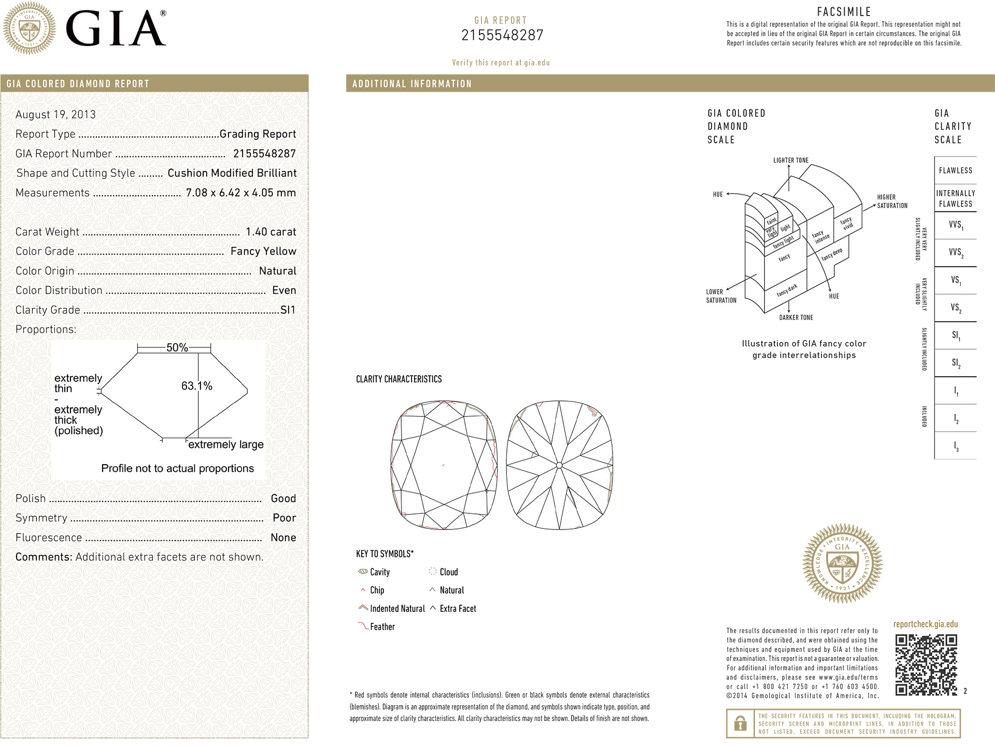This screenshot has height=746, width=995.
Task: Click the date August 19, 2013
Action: [x=55, y=114]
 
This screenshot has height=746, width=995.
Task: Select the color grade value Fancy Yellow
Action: [x=263, y=251]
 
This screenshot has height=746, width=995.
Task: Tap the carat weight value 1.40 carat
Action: [x=271, y=232]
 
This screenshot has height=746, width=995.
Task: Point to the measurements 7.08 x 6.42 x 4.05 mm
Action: [x=240, y=193]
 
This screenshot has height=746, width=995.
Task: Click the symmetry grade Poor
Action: [x=284, y=518]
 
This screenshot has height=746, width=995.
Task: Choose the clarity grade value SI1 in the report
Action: [x=288, y=310]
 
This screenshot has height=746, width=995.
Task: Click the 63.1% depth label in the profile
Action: [x=196, y=386]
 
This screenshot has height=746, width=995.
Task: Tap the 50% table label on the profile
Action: [x=177, y=348]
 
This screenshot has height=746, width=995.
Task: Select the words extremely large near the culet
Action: [x=225, y=444]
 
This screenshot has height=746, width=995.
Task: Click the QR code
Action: [x=926, y=664]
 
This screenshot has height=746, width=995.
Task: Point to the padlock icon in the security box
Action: [x=741, y=723]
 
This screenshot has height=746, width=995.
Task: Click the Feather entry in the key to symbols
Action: [x=382, y=627]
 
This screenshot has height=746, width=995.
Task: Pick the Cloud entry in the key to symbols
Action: [x=448, y=572]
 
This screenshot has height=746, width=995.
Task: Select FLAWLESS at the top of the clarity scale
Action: [x=955, y=170]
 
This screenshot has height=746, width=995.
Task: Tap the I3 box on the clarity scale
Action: [x=956, y=446]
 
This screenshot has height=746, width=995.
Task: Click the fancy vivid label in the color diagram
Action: [x=847, y=223]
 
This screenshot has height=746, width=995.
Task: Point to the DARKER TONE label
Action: [x=795, y=318]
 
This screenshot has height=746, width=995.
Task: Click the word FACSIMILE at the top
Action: [x=844, y=12]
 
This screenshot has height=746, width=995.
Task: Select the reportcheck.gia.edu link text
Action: [x=925, y=624]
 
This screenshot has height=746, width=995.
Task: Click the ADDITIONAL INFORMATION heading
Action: [x=412, y=84]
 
